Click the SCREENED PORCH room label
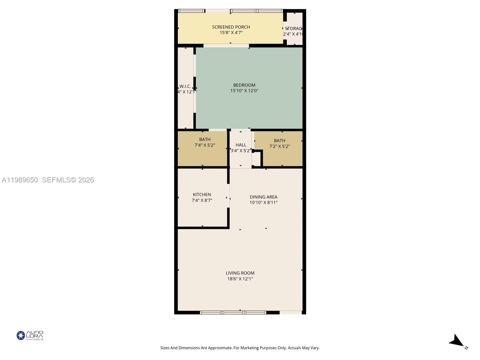coord(231,27)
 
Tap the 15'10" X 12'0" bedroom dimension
coord(244,91)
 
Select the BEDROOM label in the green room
coord(244,85)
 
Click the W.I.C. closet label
coord(185,86)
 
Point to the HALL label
coord(241,145)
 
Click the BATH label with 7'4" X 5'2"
coord(205,139)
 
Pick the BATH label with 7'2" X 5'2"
coord(279,141)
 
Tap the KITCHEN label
coord(202,195)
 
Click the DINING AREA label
coord(263,197)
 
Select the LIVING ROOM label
coord(240,273)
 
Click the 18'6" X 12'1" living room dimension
coord(240,279)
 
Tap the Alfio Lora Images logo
coord(30,335)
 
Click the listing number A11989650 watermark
coord(20,180)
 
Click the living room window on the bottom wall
coord(233,313)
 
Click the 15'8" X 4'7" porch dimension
coord(231,33)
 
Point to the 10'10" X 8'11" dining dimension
coord(263,202)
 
